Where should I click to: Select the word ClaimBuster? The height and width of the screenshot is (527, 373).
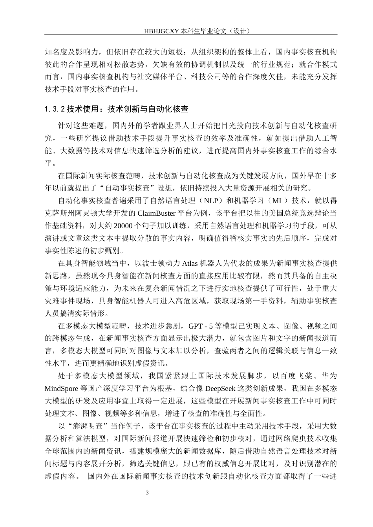[x=155, y=214]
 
